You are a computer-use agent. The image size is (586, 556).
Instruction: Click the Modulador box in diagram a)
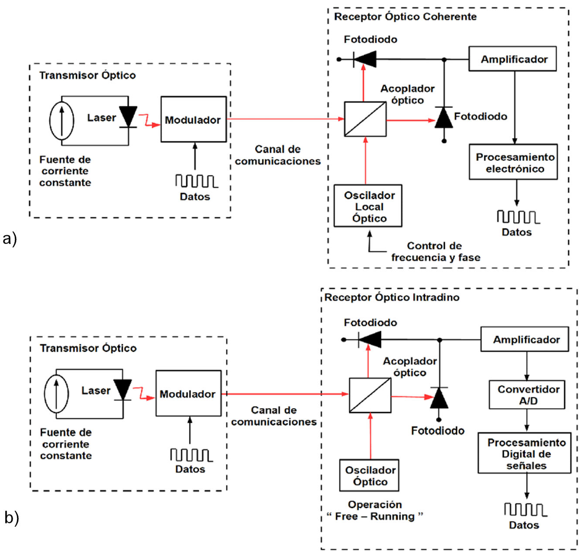click(194, 119)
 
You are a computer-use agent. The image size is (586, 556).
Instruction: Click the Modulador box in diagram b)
click(188, 393)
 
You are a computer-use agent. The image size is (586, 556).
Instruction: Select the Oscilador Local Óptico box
click(368, 206)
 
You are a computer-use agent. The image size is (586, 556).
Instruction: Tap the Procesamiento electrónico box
click(513, 162)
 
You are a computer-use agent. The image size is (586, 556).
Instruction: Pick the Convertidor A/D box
click(527, 395)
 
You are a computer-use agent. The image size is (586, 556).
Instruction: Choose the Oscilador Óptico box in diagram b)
click(369, 475)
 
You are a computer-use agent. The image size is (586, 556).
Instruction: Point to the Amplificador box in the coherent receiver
click(512, 59)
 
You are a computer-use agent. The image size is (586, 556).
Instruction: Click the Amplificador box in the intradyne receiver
click(525, 339)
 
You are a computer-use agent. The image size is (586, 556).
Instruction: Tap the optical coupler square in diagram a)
click(365, 119)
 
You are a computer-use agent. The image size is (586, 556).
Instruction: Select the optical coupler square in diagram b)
click(370, 395)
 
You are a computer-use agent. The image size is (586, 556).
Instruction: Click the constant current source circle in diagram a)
click(61, 121)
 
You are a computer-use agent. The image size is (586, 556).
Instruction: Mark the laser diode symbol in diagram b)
click(123, 389)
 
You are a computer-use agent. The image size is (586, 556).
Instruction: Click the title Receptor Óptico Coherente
click(405, 17)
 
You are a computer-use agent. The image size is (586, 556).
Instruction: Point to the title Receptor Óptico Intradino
click(392, 297)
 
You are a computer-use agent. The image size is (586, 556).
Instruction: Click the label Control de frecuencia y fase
click(436, 251)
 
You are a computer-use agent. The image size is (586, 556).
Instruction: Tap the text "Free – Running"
click(375, 516)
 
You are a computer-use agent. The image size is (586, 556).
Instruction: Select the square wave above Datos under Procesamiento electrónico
click(518, 217)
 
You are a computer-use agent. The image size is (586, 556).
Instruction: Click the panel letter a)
click(10, 238)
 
